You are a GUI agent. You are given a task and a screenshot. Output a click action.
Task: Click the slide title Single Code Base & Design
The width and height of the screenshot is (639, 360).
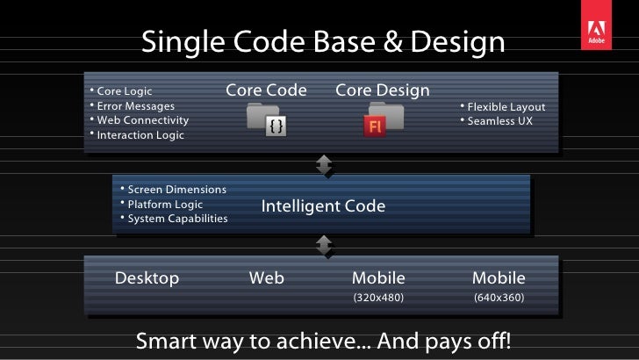(323, 41)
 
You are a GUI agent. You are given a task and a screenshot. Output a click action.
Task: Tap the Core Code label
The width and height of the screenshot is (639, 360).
(266, 90)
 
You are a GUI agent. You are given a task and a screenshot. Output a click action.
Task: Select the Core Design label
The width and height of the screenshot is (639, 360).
(382, 90)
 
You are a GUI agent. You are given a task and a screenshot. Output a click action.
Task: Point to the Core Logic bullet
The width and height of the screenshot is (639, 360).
(124, 90)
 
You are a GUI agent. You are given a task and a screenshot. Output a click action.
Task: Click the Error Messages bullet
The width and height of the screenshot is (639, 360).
(135, 105)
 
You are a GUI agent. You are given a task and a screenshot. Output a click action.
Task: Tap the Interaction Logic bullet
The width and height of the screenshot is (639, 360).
(140, 135)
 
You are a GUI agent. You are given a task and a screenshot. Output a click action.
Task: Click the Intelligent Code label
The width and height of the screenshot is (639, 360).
(323, 206)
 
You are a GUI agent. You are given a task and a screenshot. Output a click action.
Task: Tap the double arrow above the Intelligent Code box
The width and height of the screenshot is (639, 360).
(323, 164)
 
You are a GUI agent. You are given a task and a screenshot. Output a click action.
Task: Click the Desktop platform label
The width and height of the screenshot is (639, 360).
(147, 278)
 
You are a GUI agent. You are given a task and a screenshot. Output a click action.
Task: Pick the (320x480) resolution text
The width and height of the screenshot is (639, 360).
(378, 299)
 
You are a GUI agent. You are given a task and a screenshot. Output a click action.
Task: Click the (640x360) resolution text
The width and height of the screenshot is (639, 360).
(499, 299)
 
